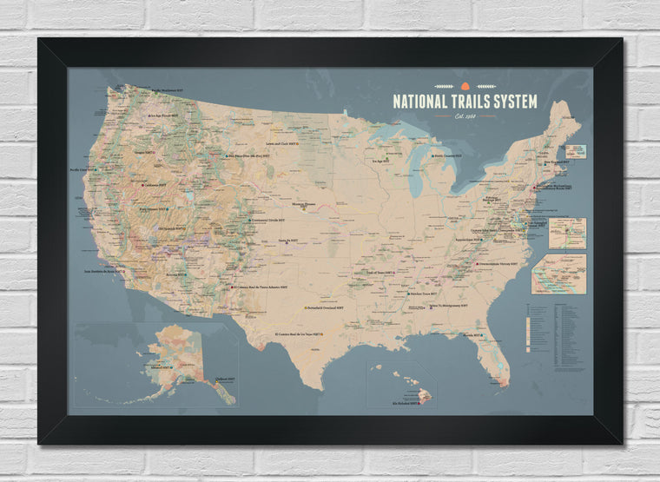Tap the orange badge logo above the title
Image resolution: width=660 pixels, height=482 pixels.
point(465,86)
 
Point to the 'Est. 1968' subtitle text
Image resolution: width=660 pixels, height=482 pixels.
point(465,116)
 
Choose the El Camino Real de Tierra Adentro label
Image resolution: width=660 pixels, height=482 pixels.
point(260,286)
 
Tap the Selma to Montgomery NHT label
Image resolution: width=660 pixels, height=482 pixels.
point(448,306)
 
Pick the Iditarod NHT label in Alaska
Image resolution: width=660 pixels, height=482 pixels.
point(160,367)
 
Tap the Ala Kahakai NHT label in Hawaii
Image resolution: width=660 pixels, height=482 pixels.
point(405,402)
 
